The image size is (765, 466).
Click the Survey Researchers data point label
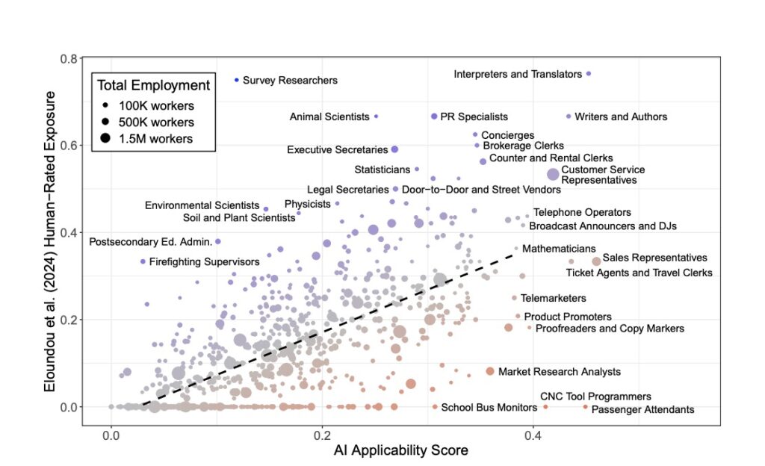pyautogui.click(x=290, y=80)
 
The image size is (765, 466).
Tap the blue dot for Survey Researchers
pyautogui.click(x=237, y=80)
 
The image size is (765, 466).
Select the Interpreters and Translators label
pyautogui.click(x=518, y=74)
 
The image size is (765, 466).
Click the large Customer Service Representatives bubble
pyautogui.click(x=553, y=174)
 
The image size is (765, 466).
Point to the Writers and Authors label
pyautogui.click(x=622, y=116)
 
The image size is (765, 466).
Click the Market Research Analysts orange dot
pyautogui.click(x=490, y=371)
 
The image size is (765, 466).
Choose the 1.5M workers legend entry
pyautogui.click(x=156, y=138)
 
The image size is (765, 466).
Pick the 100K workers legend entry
pyautogui.click(x=156, y=105)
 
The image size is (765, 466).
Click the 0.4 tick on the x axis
pyautogui.click(x=533, y=435)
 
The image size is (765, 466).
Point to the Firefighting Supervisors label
pyautogui.click(x=204, y=261)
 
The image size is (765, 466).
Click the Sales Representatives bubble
pyautogui.click(x=596, y=261)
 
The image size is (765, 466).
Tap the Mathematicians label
pyautogui.click(x=559, y=248)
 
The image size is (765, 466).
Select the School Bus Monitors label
pyautogui.click(x=489, y=407)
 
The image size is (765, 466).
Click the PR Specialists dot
pyautogui.click(x=434, y=116)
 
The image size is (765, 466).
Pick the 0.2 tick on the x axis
pyautogui.click(x=322, y=435)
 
